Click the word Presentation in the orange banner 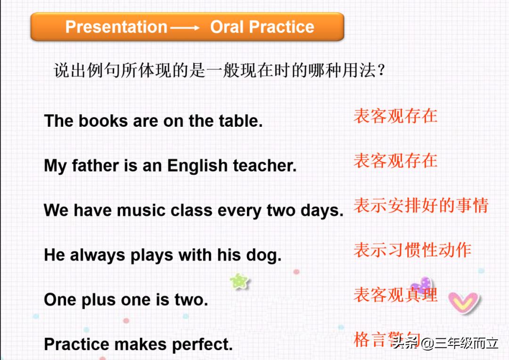116,27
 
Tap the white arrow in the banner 185,28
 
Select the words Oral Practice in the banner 262,27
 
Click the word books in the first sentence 103,121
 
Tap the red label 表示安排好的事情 421,205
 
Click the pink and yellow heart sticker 463,303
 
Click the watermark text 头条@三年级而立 445,343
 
